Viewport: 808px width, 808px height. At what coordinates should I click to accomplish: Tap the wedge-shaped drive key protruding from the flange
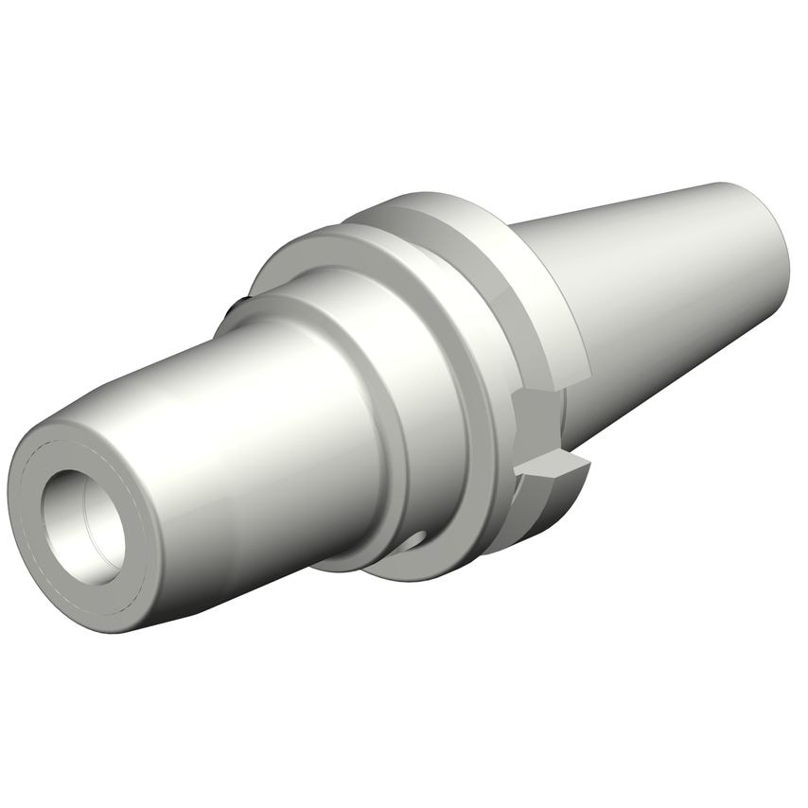(x=553, y=465)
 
